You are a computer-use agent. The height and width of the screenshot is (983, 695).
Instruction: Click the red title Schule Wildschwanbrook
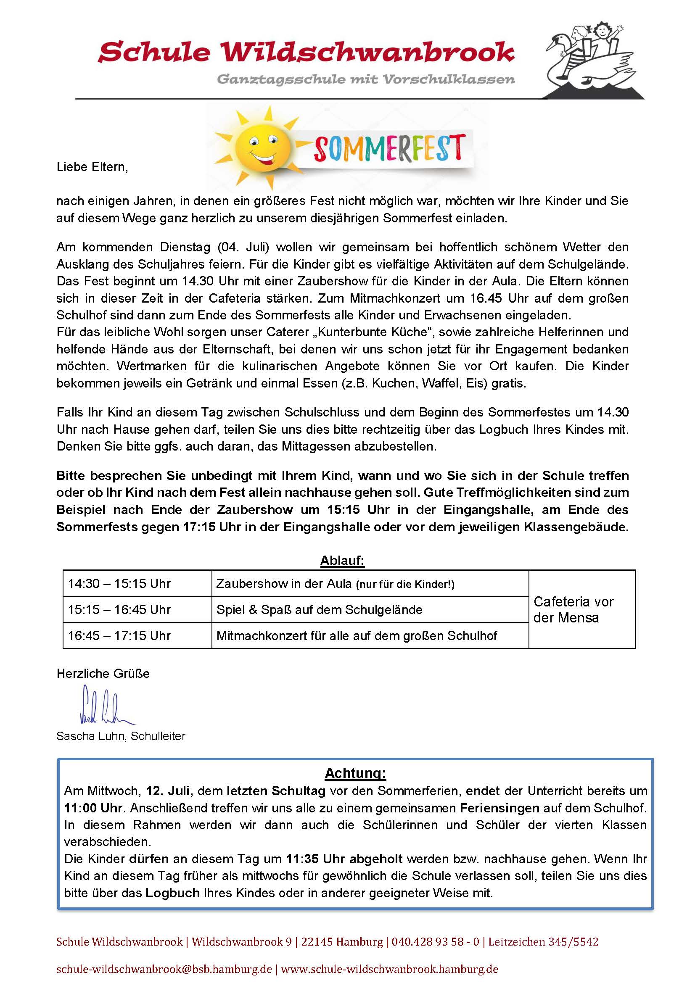[x=306, y=52]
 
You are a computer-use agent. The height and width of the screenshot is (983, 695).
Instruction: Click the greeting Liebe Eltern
[x=92, y=166]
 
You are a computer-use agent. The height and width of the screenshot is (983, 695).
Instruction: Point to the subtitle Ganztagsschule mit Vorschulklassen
[x=366, y=79]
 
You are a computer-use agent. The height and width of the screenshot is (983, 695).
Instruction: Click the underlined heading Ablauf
[x=342, y=561]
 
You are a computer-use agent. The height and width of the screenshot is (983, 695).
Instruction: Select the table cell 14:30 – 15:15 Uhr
[x=119, y=584]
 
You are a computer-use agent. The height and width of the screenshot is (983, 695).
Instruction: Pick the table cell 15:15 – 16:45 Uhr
[x=119, y=609]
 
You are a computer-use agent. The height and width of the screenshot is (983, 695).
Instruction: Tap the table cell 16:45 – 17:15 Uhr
[x=119, y=635]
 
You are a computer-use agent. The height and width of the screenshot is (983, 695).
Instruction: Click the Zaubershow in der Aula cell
[x=335, y=584]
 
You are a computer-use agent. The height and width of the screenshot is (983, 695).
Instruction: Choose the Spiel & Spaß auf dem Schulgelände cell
[x=319, y=609]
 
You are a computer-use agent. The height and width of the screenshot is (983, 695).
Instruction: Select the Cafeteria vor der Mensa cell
[x=573, y=609]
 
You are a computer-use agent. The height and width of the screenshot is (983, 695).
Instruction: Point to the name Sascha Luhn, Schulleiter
[x=121, y=736]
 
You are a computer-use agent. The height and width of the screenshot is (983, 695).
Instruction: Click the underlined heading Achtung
[x=355, y=773]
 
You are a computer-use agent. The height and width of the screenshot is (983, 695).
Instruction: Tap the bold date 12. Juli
[x=169, y=791]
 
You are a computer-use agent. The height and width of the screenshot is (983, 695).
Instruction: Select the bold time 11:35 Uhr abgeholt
[x=344, y=859]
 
